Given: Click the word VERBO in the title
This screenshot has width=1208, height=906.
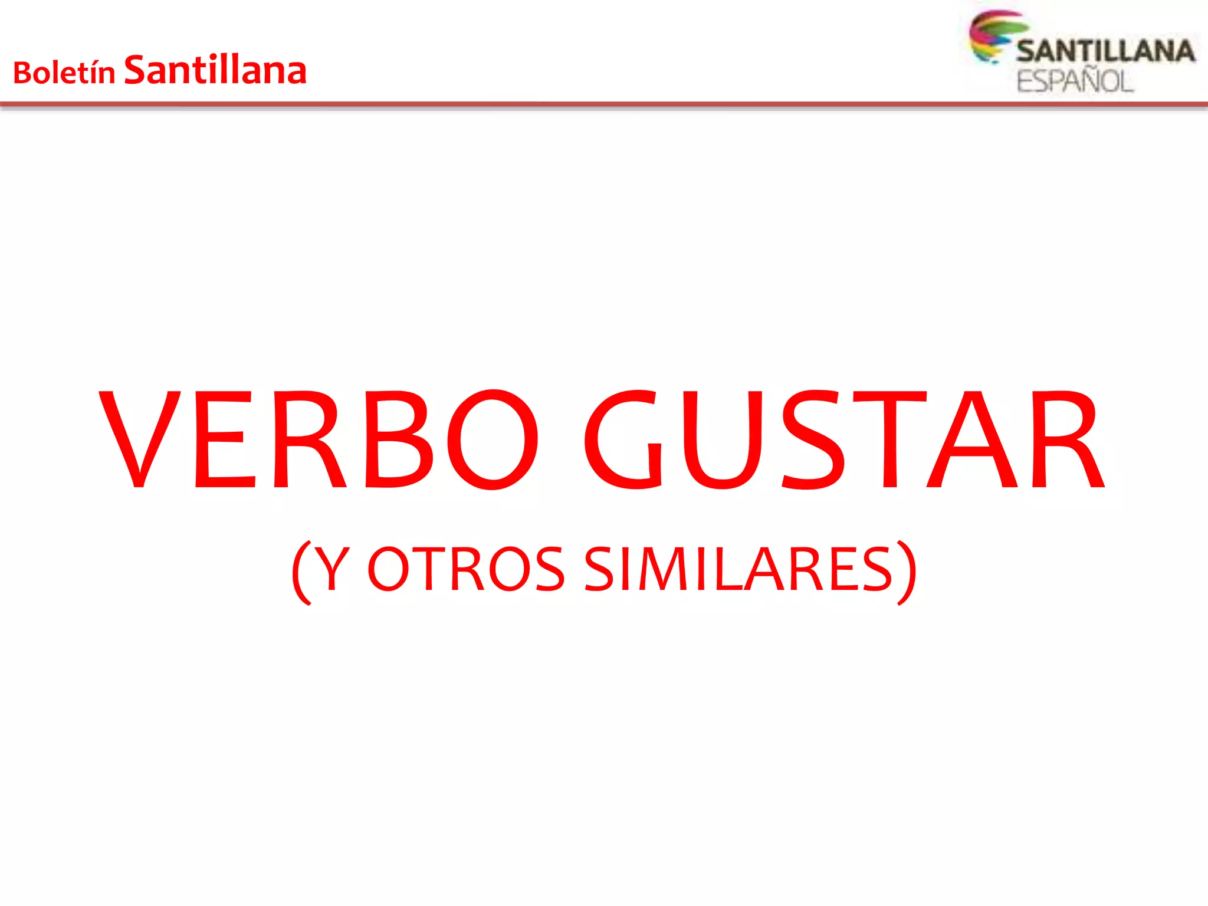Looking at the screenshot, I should tap(319, 439).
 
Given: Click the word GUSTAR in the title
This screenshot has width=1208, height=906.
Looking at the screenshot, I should tap(843, 439).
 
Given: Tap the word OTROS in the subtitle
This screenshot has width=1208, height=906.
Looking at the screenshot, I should tap(466, 569).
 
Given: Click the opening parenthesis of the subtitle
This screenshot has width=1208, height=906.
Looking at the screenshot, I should tap(301, 571).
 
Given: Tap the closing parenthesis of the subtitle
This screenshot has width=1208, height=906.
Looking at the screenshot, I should tap(907, 571).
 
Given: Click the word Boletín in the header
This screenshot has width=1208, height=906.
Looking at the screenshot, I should tap(64, 73).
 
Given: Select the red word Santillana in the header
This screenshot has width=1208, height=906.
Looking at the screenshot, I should tap(215, 70).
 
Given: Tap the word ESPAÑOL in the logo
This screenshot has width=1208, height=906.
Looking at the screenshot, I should tap(1075, 81).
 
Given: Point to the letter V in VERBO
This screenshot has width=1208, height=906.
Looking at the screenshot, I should tap(140, 439).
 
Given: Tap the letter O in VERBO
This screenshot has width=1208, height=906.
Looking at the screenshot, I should tap(493, 439).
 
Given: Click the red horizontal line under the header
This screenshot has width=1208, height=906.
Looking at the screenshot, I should tap(604, 104).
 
